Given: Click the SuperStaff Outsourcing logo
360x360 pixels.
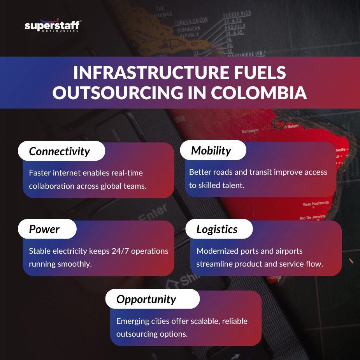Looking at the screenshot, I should pyautogui.click(x=53, y=26).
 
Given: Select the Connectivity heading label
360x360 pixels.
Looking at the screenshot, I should pyautogui.click(x=60, y=151).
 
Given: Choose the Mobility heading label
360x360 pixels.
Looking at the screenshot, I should pyautogui.click(x=211, y=151).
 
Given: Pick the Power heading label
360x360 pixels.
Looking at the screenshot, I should pyautogui.click(x=44, y=229).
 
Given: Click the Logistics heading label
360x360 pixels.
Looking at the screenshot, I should pyautogui.click(x=217, y=229).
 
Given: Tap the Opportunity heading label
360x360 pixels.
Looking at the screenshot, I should pyautogui.click(x=146, y=299).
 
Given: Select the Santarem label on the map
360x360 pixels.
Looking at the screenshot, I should pyautogui.click(x=250, y=132).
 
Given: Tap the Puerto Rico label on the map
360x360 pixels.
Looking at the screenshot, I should pyautogui.click(x=237, y=15).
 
